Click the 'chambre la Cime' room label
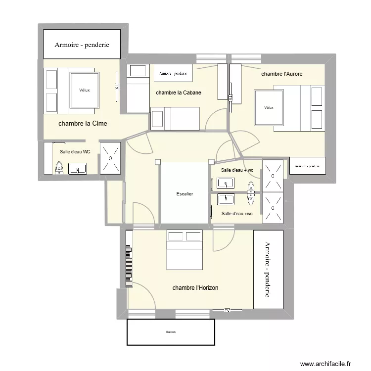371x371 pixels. point(83,124)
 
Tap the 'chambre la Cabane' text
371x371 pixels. point(178,93)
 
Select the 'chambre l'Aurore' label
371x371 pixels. point(281,74)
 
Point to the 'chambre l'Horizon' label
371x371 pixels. point(195,287)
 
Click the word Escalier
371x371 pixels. point(184,194)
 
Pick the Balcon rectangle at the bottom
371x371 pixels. point(171,332)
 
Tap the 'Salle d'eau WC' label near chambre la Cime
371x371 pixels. point(75,152)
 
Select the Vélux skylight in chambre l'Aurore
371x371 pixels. point(269,107)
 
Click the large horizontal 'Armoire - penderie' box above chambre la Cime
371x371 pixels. point(82,44)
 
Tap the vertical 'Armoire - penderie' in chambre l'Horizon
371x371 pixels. point(268,270)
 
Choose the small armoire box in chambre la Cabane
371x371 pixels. point(173,73)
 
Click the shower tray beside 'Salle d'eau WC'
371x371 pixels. point(110,158)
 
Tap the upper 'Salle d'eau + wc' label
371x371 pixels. point(237,170)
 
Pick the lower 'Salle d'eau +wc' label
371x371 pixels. point(237,214)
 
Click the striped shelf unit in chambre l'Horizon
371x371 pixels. point(130,258)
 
